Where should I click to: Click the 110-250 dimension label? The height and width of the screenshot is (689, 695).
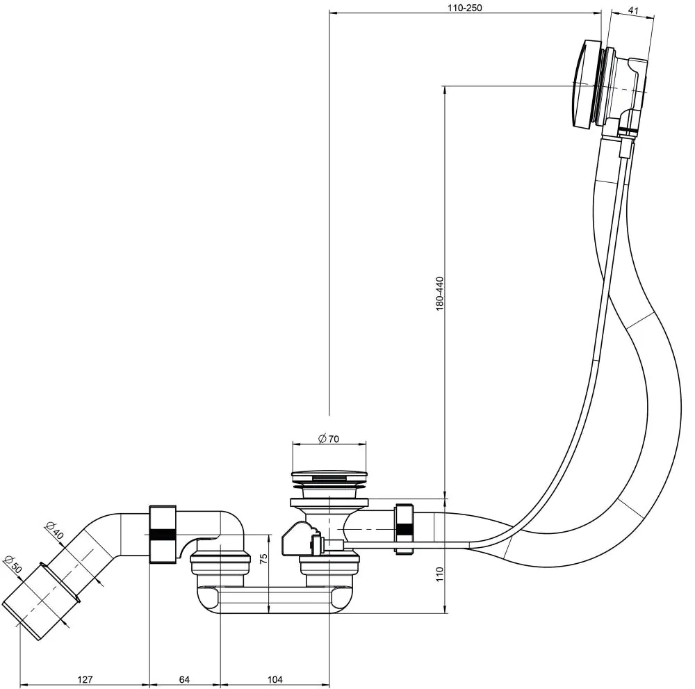point(465,8)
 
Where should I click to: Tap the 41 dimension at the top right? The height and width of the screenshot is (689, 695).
point(633,10)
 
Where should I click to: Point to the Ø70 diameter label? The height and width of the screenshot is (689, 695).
point(328,439)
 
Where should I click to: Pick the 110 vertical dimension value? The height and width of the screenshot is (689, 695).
point(439,574)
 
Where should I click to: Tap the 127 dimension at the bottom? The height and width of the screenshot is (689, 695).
point(85,679)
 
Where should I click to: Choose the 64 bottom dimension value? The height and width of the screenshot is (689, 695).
point(185,679)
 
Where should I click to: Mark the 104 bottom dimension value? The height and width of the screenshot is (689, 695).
point(275,679)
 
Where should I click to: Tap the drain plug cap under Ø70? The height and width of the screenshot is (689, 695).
point(329,478)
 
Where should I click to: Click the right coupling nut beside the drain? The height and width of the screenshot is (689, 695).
point(403,529)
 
